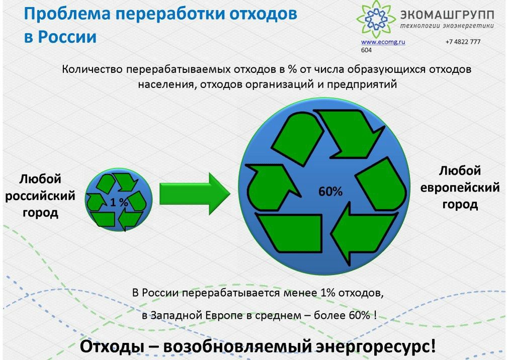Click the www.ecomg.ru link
click(383, 42)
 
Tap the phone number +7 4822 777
click(463, 42)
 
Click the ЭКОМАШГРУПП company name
click(447, 15)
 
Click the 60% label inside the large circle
click(330, 192)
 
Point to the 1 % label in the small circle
click(119, 202)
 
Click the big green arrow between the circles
click(195, 194)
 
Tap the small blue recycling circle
click(119, 200)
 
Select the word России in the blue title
click(68, 37)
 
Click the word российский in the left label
click(40, 196)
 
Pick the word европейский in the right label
click(460, 188)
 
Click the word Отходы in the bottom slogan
click(112, 346)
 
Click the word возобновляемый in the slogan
click(237, 347)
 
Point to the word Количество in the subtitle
click(92, 69)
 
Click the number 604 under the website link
click(367, 50)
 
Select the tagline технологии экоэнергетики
click(447, 26)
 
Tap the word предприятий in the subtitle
click(362, 85)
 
